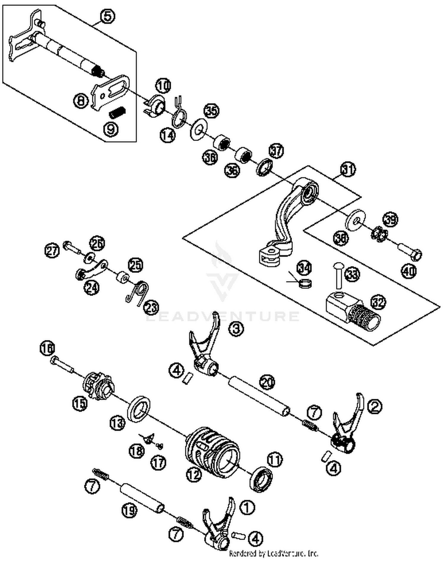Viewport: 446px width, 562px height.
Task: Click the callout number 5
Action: pyautogui.click(x=107, y=16)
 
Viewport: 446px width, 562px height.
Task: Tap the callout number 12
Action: pyautogui.click(x=194, y=475)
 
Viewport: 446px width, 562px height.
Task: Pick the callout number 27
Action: pyautogui.click(x=52, y=251)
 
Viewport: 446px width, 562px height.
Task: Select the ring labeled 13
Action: pyautogui.click(x=139, y=409)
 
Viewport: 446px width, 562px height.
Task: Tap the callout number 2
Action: pyautogui.click(x=375, y=406)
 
